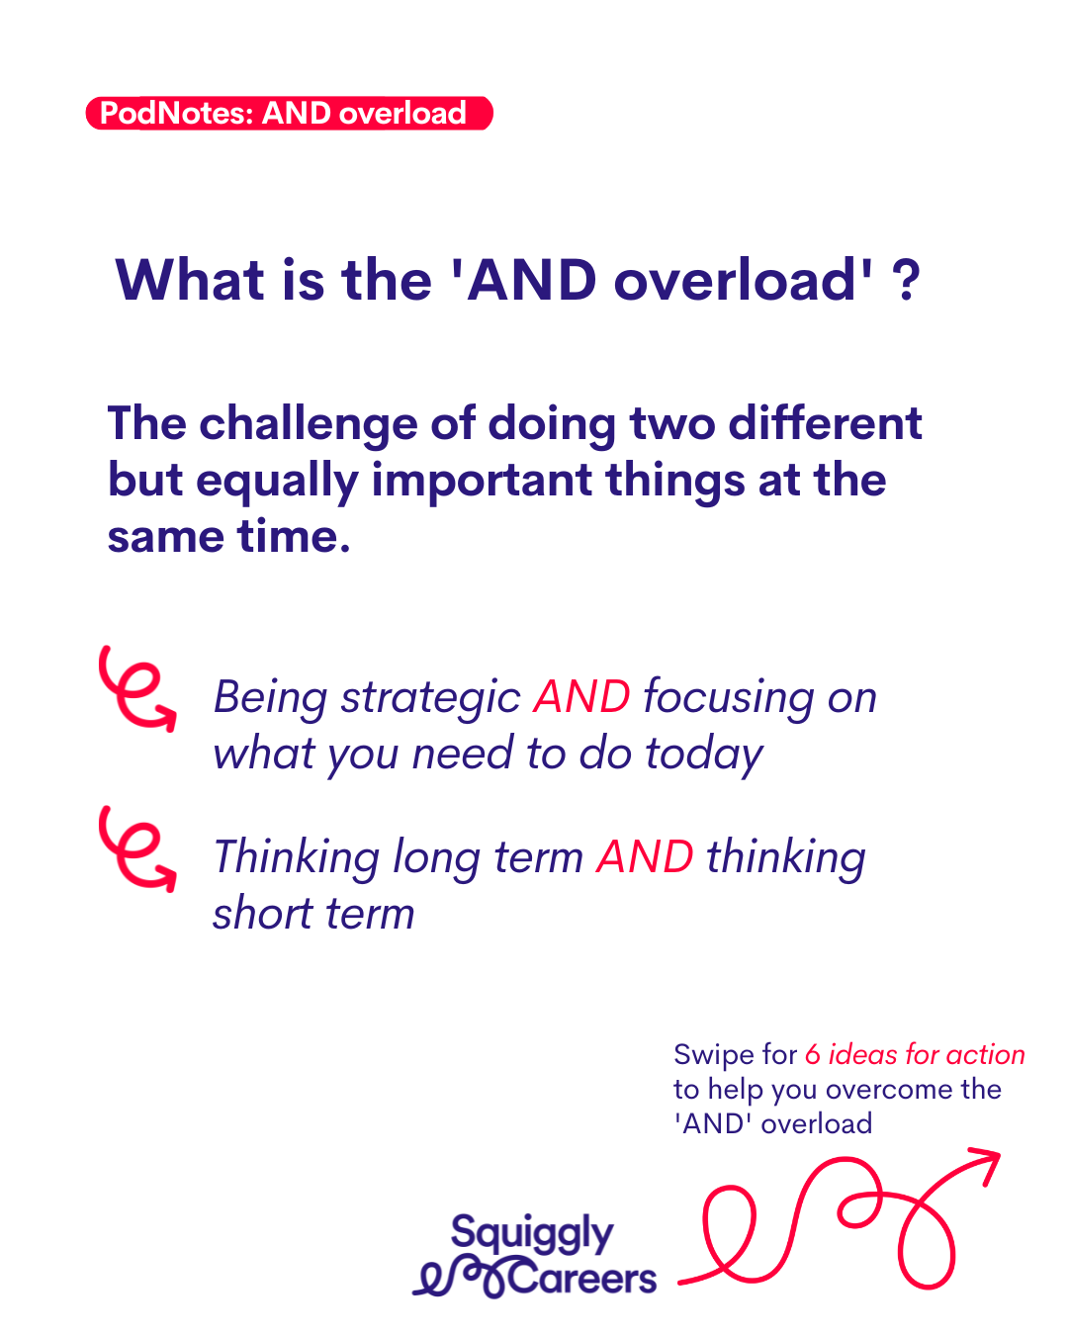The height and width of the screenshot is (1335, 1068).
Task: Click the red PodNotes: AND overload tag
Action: pyautogui.click(x=289, y=113)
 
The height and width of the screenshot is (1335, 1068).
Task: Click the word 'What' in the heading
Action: pyautogui.click(x=191, y=281)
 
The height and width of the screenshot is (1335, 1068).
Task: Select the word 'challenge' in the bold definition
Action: pyautogui.click(x=309, y=426)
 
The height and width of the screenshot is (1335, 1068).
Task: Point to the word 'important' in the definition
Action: pyautogui.click(x=482, y=482)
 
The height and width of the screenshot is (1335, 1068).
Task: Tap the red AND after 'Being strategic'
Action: pyautogui.click(x=581, y=696)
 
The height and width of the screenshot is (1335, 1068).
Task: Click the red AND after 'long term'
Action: pyautogui.click(x=645, y=856)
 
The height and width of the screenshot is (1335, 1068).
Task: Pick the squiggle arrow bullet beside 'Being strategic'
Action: pyautogui.click(x=137, y=688)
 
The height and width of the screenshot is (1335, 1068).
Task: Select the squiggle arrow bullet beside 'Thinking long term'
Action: pyautogui.click(x=137, y=848)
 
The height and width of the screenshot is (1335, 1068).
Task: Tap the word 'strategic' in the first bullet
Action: pyautogui.click(x=430, y=699)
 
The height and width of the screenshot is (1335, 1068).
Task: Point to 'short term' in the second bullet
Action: pyautogui.click(x=313, y=914)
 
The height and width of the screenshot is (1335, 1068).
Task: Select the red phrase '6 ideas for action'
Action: pyautogui.click(x=915, y=1054)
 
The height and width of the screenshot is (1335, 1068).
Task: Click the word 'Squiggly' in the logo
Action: pyautogui.click(x=532, y=1234)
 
